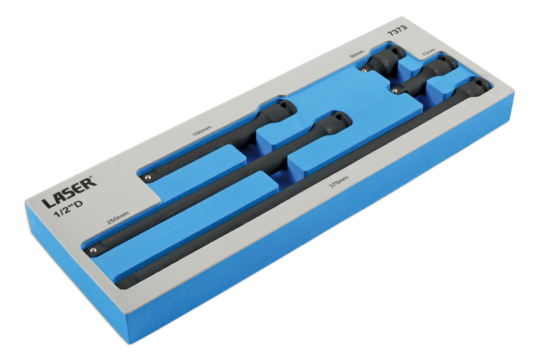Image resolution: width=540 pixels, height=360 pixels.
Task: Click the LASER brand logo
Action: click(69, 192)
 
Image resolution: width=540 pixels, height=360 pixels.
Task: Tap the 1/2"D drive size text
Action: click(69, 208)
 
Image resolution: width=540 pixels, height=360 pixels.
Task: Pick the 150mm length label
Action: click(202, 130)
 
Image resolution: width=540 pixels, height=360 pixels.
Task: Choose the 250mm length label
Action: click(118, 218)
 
